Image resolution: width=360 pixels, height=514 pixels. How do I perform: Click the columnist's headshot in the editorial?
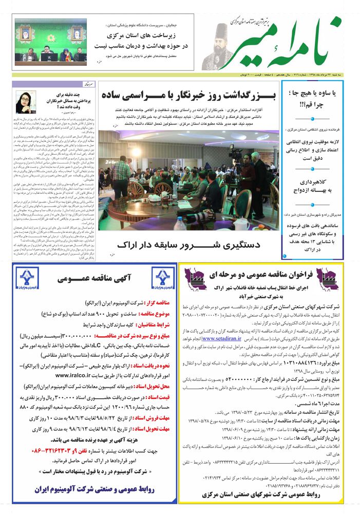(26, 102)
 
